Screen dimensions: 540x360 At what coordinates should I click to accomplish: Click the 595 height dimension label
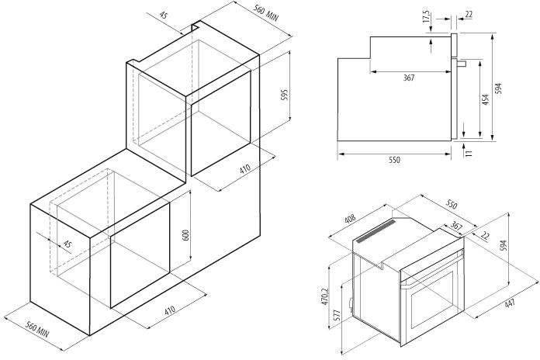pyautogui.click(x=285, y=95)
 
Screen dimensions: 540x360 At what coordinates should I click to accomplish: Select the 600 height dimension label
pyautogui.click(x=185, y=235)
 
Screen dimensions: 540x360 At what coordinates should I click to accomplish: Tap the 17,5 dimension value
pyautogui.click(x=427, y=17)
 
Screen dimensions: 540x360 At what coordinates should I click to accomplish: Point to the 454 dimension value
pyautogui.click(x=485, y=99)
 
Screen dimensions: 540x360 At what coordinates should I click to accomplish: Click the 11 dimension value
pyautogui.click(x=469, y=153)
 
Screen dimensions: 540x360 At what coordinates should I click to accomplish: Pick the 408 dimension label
pyautogui.click(x=350, y=220)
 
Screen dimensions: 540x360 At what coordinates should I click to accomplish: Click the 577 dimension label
pyautogui.click(x=337, y=316)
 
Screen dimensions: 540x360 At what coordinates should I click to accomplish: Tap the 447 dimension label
pyautogui.click(x=509, y=303)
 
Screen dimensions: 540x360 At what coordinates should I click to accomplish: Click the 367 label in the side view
pyautogui.click(x=409, y=78)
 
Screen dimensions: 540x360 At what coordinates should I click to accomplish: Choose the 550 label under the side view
pyautogui.click(x=395, y=160)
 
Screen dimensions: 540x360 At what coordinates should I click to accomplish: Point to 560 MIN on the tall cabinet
pyautogui.click(x=266, y=12)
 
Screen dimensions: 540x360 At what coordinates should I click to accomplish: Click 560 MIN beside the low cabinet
pyautogui.click(x=37, y=330)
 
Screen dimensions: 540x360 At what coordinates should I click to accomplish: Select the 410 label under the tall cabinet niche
pyautogui.click(x=245, y=169)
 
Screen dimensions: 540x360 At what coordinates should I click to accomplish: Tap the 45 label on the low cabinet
pyautogui.click(x=67, y=244)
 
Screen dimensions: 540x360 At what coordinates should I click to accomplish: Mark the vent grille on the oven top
pyautogui.click(x=376, y=231)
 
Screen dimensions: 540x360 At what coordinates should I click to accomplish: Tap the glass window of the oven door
pyautogui.click(x=433, y=299)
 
